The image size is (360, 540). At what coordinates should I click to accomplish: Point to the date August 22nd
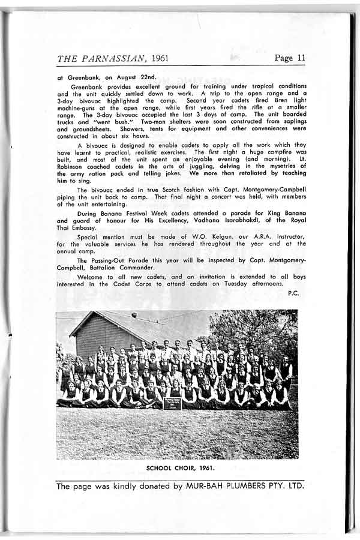pyautogui.click(x=137, y=77)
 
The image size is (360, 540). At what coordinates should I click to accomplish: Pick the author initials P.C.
pyautogui.click(x=293, y=293)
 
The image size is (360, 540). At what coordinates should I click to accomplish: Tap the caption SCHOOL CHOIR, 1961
pyautogui.click(x=177, y=467)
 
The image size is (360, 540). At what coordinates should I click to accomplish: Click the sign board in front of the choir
pyautogui.click(x=172, y=403)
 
